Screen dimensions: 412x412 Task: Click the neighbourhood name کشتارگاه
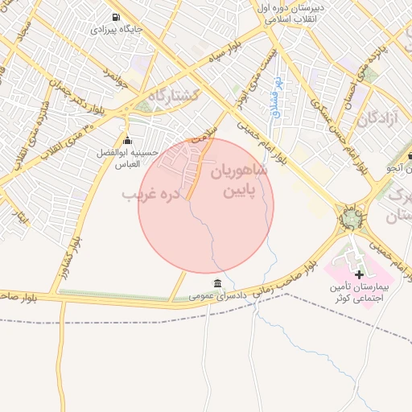pyautogui.click(x=168, y=97)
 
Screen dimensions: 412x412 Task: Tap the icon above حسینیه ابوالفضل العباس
pyautogui.click(x=126, y=141)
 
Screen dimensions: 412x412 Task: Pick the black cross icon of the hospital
pyautogui.click(x=359, y=275)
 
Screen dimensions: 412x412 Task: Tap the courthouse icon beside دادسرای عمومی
pyautogui.click(x=218, y=283)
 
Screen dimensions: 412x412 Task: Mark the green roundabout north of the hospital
pyautogui.click(x=351, y=217)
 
